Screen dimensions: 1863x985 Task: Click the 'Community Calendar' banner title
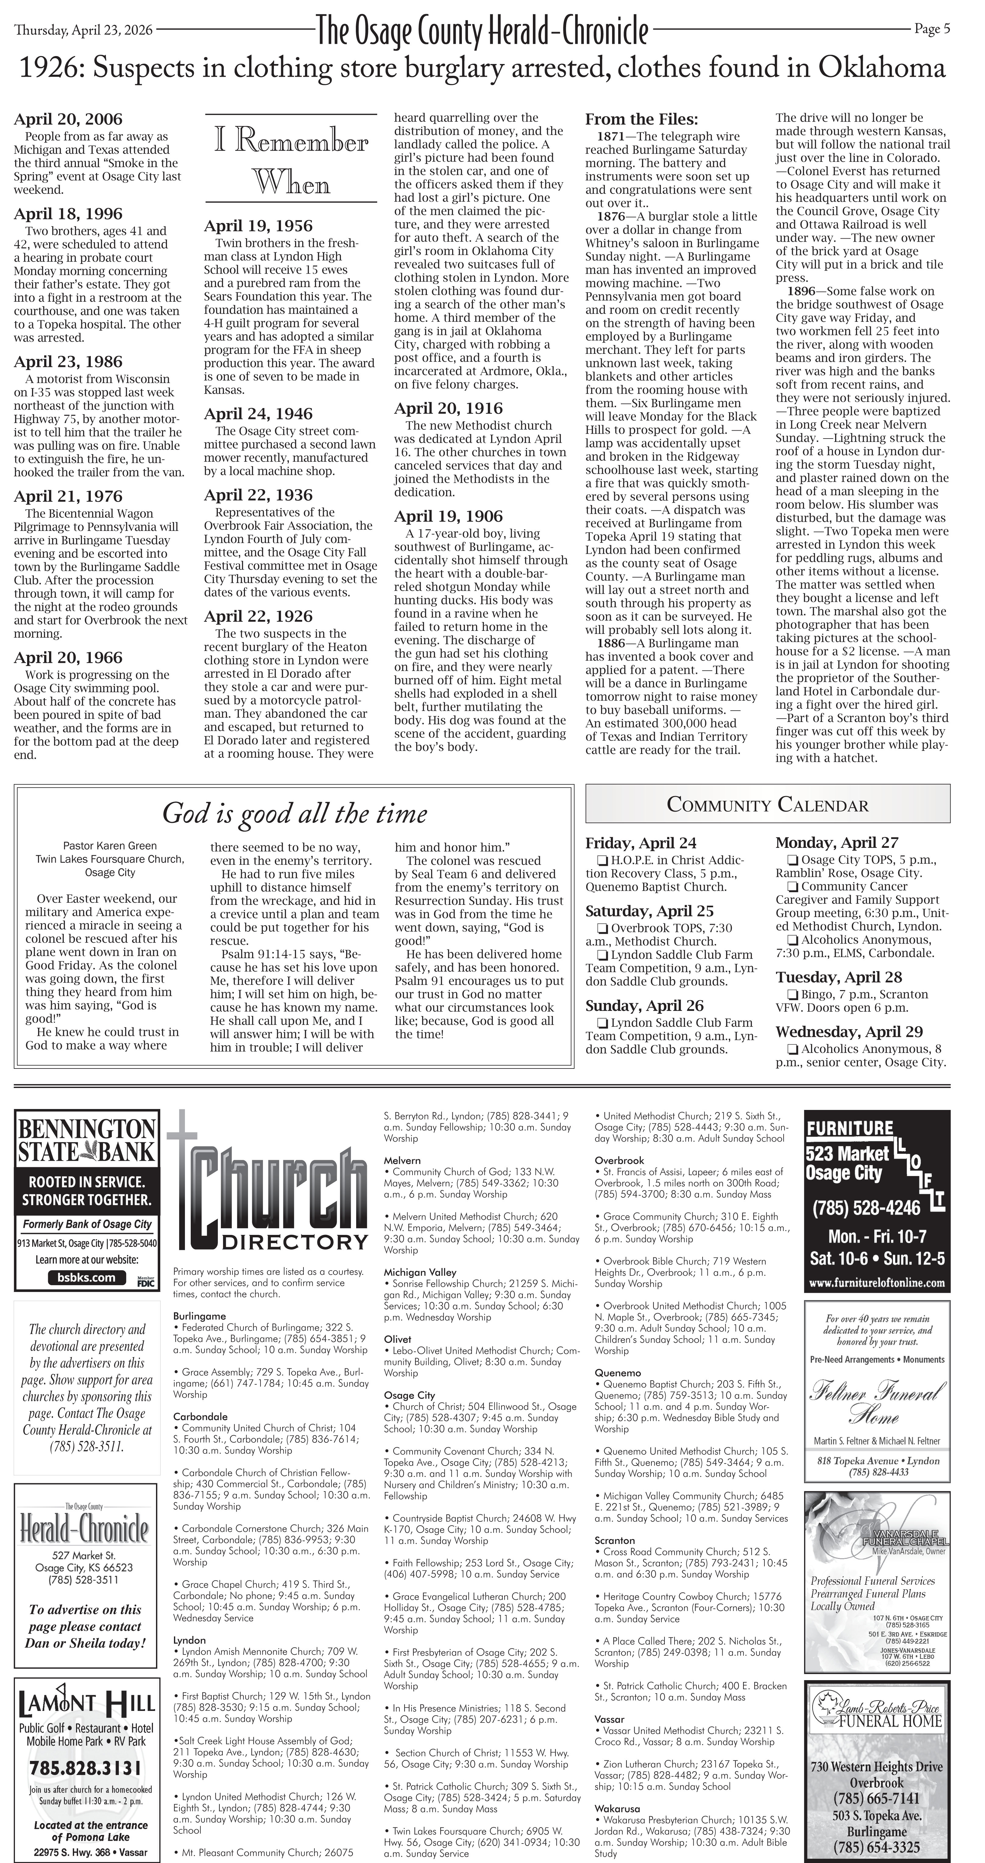(x=767, y=804)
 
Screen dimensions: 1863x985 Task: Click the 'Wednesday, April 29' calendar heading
(x=849, y=1032)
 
